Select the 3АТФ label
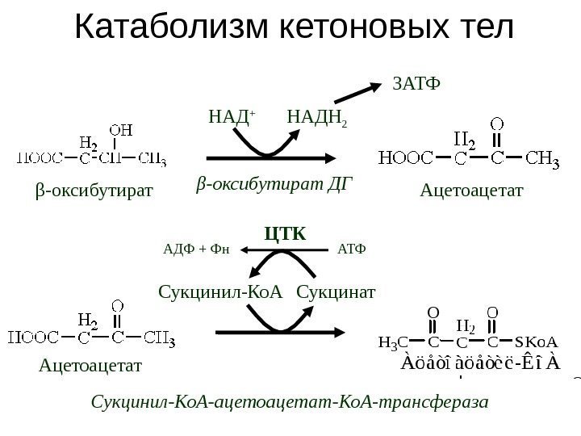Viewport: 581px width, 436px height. point(416,83)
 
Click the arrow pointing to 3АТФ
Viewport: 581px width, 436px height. point(358,98)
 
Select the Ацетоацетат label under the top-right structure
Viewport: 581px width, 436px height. point(472,191)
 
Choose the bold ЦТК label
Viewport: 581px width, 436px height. point(286,234)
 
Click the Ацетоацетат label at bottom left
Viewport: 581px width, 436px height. point(89,367)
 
